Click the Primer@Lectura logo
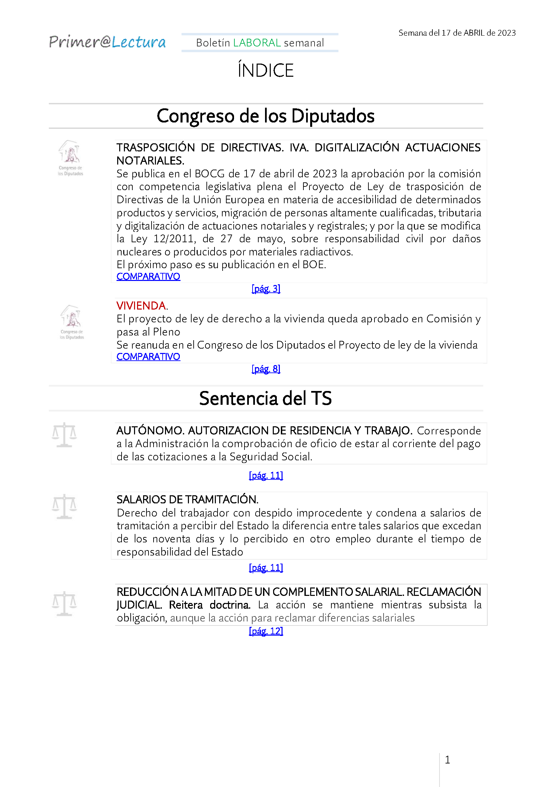107,42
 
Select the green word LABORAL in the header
257,43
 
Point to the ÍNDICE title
266,70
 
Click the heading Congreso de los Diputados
265,116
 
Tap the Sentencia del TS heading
265,398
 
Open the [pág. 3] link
266,289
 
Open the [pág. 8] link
266,369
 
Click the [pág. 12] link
266,631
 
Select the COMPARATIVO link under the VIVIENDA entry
148,356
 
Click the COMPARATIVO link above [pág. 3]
148,276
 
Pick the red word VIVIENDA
141,306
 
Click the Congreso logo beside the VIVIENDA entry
72,322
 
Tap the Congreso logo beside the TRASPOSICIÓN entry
70,157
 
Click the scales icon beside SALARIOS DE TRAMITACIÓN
64,506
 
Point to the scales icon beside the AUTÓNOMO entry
64,435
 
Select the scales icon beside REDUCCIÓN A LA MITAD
64,603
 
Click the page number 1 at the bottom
447,760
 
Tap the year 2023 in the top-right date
506,33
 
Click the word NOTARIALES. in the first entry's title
150,160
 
